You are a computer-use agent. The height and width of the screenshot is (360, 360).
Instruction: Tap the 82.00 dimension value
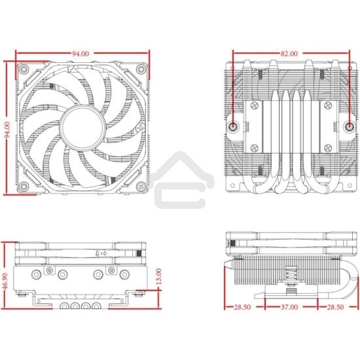coord(288,52)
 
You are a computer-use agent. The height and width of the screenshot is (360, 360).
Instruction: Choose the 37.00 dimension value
coord(289,306)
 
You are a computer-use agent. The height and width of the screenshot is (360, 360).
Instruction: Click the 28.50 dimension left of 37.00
coord(243,306)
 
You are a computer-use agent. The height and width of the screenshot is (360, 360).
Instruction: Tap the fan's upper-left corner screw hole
coord(23,69)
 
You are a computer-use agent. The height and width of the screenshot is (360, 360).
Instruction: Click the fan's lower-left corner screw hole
coord(23,186)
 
